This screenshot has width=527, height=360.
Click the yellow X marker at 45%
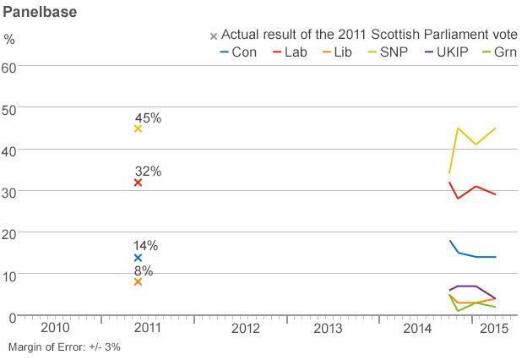point(138,129)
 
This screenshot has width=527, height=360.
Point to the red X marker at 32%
point(138,183)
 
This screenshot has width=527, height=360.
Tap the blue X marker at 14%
point(138,258)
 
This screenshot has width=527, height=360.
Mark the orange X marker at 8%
point(138,282)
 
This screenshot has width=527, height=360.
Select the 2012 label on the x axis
point(244,327)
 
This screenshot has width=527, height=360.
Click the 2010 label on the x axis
point(55,327)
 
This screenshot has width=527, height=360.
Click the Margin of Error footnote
point(64,347)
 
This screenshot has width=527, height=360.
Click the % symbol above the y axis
point(9,39)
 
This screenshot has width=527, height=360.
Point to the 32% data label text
point(148,171)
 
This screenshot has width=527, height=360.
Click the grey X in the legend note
point(214,36)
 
